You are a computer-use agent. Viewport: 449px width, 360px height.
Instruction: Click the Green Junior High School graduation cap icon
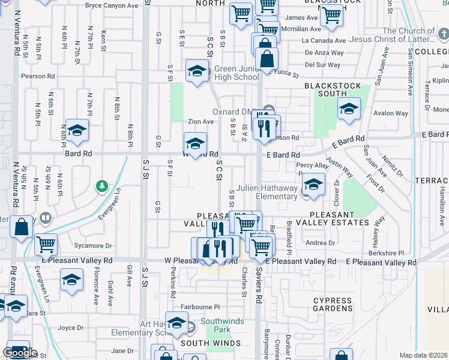pyautogui.click(x=196, y=71)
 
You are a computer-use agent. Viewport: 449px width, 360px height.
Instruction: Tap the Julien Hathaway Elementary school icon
pyautogui.click(x=312, y=185)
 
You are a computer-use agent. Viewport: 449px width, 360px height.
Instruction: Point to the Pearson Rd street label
pyautogui.click(x=38, y=76)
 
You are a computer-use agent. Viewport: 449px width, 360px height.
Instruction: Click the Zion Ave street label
pyautogui.click(x=200, y=121)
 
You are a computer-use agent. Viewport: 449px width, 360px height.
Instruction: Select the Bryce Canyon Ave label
pyautogui.click(x=112, y=5)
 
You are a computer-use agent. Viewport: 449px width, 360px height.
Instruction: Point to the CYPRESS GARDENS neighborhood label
pyautogui.click(x=332, y=305)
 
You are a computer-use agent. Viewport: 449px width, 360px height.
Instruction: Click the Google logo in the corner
pyautogui.click(x=19, y=353)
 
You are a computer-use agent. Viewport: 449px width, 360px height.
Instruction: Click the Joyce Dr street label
pyautogui.click(x=71, y=328)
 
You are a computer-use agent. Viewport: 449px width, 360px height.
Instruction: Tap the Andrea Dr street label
pyautogui.click(x=320, y=243)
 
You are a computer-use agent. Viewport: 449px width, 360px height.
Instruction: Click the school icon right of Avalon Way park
pyautogui.click(x=348, y=109)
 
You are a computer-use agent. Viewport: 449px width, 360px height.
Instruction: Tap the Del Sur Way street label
pyautogui.click(x=324, y=64)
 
